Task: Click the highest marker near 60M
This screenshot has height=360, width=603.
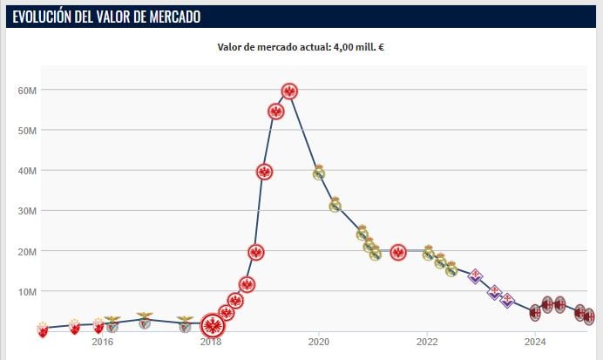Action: tap(289, 91)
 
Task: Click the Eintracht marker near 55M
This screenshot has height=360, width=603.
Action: tap(276, 112)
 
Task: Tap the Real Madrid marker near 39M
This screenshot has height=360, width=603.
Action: tap(319, 173)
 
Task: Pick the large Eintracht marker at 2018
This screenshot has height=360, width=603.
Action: tap(213, 326)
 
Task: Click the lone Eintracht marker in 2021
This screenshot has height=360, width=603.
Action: tap(398, 253)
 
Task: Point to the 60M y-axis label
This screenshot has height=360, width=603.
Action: tap(26, 91)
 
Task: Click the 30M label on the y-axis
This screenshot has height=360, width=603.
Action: tap(26, 211)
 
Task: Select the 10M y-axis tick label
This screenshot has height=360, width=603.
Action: tap(26, 291)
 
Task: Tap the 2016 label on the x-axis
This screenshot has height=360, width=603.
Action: tap(103, 342)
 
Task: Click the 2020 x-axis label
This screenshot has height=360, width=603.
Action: tap(319, 342)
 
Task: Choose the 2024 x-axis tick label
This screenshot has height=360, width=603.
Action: tap(535, 342)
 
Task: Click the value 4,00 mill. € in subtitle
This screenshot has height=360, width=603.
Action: tap(358, 47)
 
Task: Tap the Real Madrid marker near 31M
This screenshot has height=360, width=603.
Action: tap(335, 206)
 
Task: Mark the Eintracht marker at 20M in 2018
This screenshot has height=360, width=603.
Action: tap(256, 253)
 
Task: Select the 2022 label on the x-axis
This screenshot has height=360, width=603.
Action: tap(427, 342)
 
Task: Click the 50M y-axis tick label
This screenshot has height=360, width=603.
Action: tap(26, 131)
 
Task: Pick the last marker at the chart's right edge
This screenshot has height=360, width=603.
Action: tap(589, 316)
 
